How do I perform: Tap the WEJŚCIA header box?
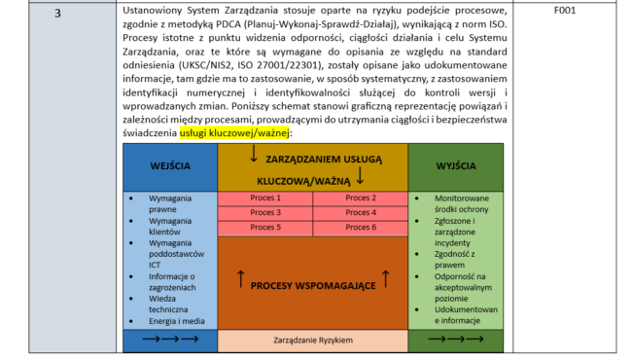170,166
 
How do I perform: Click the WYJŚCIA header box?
455,166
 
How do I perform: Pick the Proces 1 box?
265,198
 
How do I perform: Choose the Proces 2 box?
360,198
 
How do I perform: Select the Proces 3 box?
265,212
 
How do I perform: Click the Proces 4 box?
360,212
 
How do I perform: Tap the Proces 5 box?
265,227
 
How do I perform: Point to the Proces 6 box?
360,227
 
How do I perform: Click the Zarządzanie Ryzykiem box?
312,342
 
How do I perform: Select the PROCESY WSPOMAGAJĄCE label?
312,284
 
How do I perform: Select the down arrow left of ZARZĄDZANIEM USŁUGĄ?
254,155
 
